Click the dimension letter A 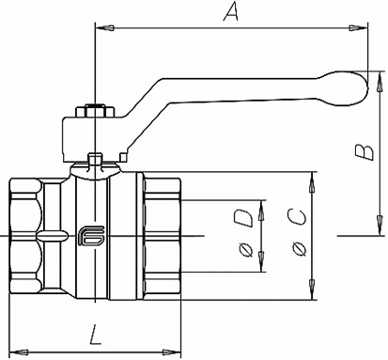(x=231, y=11)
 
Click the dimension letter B (x=365, y=152)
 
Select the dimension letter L (x=95, y=335)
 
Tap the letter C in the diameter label (x=296, y=218)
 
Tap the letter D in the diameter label (x=244, y=218)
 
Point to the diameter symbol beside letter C (x=299, y=250)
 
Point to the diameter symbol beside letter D (x=245, y=250)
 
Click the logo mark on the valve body (x=91, y=236)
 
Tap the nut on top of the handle (x=95, y=111)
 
